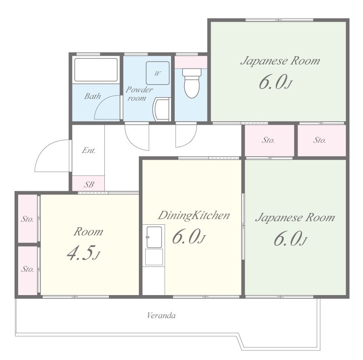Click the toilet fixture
[191, 83]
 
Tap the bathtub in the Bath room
[96, 69]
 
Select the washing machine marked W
[157, 73]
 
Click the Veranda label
[162, 316]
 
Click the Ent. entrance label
[88, 150]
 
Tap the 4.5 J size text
[83, 253]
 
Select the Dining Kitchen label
[194, 215]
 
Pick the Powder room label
[139, 94]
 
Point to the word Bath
[93, 96]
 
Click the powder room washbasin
[162, 109]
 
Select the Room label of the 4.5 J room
[88, 232]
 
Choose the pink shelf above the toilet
[191, 62]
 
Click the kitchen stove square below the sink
[154, 256]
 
